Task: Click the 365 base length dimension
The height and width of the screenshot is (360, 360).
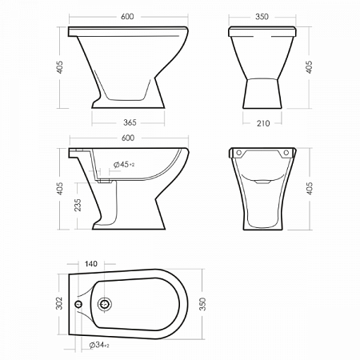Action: [130, 122]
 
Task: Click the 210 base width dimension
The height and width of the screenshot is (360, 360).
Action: [263, 123]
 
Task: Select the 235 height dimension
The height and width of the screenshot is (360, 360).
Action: [78, 205]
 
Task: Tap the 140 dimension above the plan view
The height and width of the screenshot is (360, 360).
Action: [91, 264]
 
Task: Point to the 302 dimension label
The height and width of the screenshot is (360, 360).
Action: [59, 303]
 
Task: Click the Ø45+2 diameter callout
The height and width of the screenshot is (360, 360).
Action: [124, 165]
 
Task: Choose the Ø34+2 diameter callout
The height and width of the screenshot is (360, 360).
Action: [99, 345]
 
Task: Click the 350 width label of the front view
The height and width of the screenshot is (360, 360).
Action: [262, 17]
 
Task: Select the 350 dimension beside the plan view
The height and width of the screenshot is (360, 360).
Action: [202, 304]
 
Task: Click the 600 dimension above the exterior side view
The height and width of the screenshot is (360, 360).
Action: [127, 17]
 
